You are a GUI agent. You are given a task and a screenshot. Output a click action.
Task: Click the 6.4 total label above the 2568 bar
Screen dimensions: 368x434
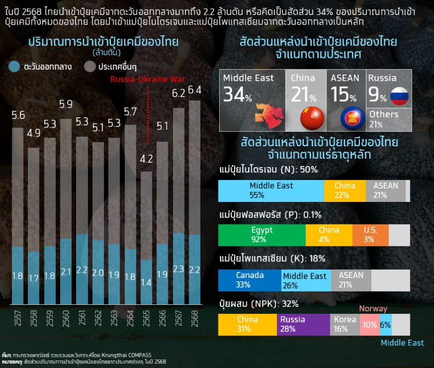tap(195, 90)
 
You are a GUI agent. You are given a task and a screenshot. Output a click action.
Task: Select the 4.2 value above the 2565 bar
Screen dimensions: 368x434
tap(146, 159)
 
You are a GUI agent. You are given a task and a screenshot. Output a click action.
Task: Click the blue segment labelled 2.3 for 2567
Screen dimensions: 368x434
tap(178, 269)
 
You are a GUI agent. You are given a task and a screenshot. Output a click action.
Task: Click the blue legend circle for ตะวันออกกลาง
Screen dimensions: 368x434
tap(14, 67)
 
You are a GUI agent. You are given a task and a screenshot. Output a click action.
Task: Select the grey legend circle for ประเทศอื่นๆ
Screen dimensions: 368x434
tap(90, 67)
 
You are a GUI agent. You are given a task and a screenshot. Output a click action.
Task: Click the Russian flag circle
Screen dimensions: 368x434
tap(399, 96)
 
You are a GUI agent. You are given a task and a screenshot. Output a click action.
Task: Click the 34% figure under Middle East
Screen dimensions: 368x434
tap(237, 95)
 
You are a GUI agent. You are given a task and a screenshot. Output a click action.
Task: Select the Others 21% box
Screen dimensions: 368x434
tap(389, 119)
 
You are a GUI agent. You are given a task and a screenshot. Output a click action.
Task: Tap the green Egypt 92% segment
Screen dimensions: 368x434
tap(262, 235)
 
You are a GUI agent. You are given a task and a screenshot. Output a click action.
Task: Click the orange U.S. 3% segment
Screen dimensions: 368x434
tap(370, 235)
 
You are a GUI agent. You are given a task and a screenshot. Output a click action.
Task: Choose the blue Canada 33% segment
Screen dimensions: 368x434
tap(250, 280)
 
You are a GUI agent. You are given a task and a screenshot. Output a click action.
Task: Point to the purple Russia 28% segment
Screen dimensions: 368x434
tap(303, 325)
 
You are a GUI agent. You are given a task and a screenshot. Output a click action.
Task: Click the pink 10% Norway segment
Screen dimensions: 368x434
tap(369, 325)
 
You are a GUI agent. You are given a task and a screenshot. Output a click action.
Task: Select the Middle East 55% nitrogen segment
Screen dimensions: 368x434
tap(271, 191)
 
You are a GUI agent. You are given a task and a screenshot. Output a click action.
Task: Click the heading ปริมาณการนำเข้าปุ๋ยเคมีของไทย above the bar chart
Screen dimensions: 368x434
tap(103, 42)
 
